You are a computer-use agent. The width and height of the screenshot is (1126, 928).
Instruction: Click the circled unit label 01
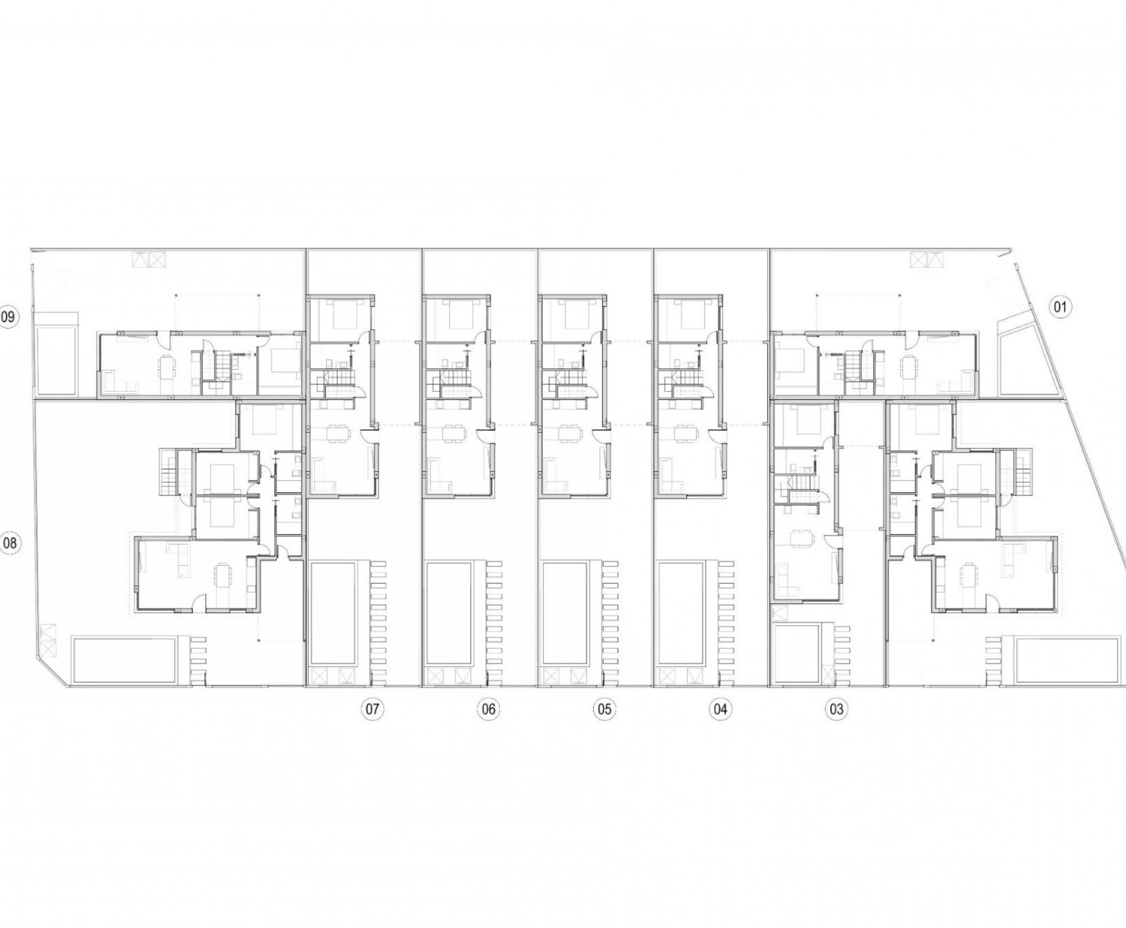click(1060, 307)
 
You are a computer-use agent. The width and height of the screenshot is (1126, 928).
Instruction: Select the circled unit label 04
click(720, 709)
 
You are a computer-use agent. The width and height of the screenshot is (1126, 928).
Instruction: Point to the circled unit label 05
click(604, 709)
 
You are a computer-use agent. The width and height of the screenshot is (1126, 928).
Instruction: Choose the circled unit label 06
click(488, 709)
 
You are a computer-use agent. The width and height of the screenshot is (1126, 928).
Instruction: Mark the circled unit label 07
click(372, 709)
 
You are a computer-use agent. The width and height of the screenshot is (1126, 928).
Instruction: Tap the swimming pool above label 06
click(449, 612)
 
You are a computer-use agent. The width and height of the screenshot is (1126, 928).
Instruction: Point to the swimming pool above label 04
click(681, 612)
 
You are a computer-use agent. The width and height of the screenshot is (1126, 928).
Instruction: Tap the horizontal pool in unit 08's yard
click(125, 660)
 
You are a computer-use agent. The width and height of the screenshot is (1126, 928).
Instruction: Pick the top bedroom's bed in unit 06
click(458, 315)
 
